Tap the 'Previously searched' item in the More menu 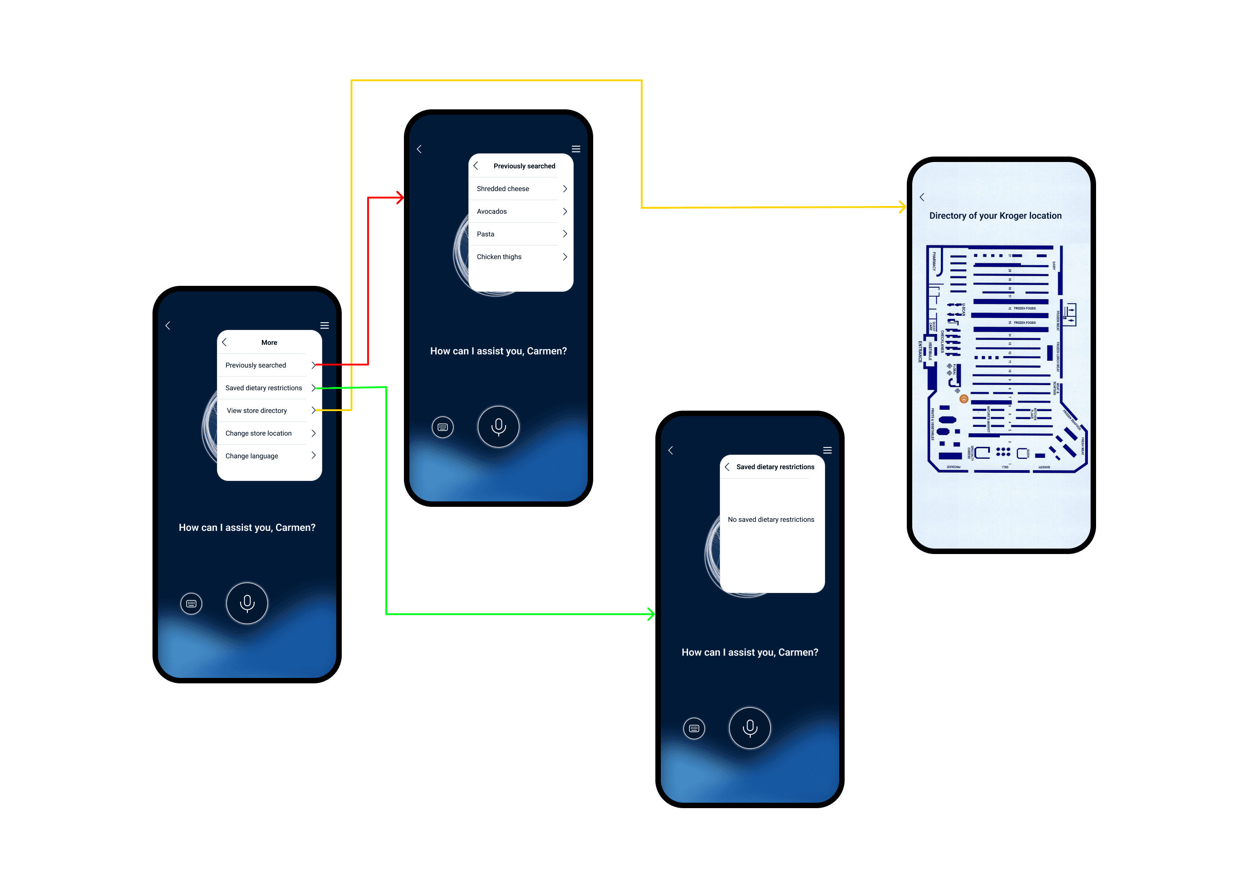[x=256, y=365]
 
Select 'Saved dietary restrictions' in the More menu [x=263, y=388]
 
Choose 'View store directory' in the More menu [x=257, y=411]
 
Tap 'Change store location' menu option [x=258, y=433]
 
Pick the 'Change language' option [x=252, y=456]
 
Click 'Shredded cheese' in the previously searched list [x=503, y=189]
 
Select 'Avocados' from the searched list [x=492, y=211]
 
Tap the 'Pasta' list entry [x=486, y=234]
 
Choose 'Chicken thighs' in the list [x=499, y=257]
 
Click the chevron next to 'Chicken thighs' [x=565, y=257]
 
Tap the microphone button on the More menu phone [x=247, y=603]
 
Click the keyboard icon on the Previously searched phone [x=443, y=427]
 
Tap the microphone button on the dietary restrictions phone [x=750, y=727]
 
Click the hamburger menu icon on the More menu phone [x=325, y=326]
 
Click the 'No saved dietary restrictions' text [x=771, y=520]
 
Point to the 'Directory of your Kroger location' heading [x=995, y=216]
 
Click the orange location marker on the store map [x=964, y=399]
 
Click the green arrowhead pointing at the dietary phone [x=651, y=614]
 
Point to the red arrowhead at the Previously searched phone [x=400, y=197]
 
